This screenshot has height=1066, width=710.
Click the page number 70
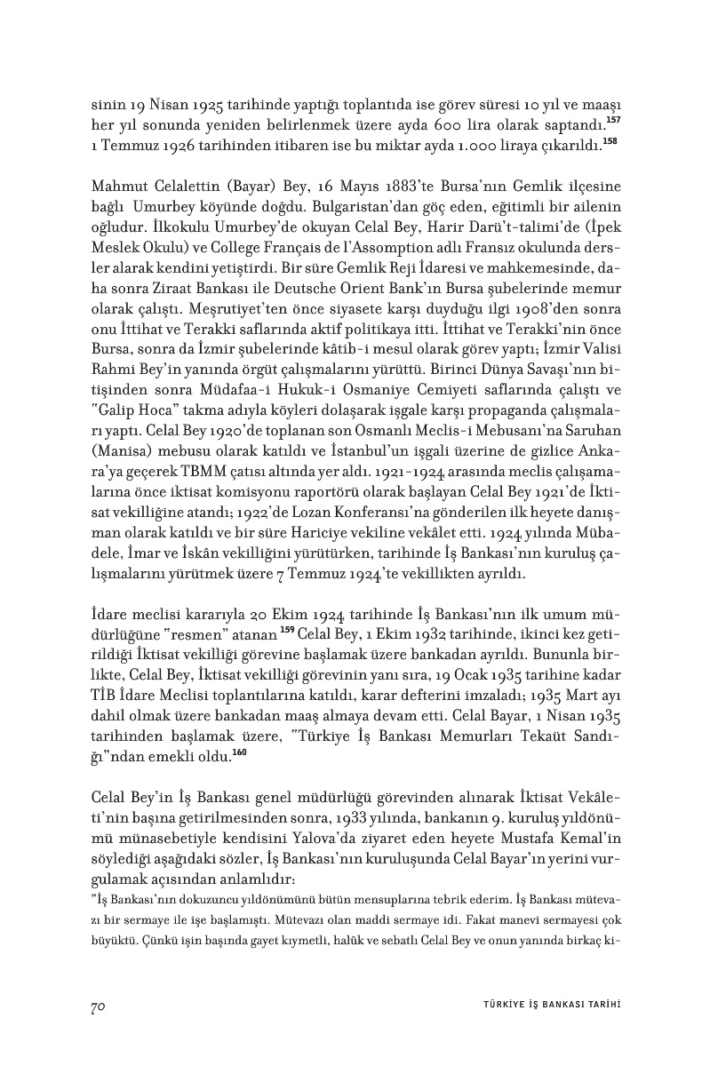(x=99, y=1006)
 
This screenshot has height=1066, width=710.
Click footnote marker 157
(x=612, y=119)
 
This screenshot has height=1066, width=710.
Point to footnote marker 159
(x=287, y=631)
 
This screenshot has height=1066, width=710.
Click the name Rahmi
(x=114, y=373)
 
